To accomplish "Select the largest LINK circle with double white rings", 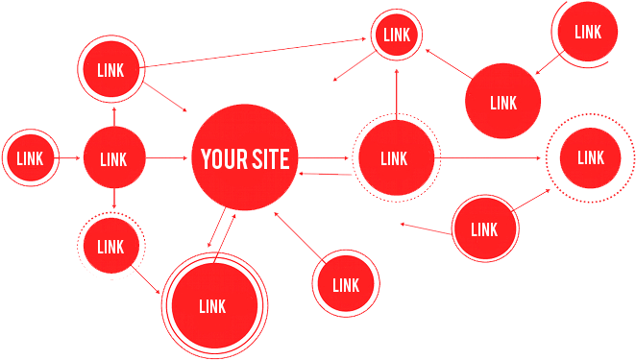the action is [x=211, y=306].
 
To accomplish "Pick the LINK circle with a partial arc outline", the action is [x=588, y=32].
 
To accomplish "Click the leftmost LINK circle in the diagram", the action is [x=30, y=158].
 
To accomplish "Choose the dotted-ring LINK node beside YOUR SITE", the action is [x=394, y=158].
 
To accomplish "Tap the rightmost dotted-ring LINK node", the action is [x=590, y=157].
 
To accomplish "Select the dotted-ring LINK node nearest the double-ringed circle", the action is [x=110, y=247].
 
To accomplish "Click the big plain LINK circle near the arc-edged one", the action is [x=502, y=102].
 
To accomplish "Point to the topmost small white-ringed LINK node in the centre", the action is [x=396, y=36].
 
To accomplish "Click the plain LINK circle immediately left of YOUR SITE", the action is [x=113, y=158].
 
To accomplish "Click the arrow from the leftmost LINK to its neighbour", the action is [x=69, y=158].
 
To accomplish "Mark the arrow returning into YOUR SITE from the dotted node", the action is [x=325, y=175].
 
